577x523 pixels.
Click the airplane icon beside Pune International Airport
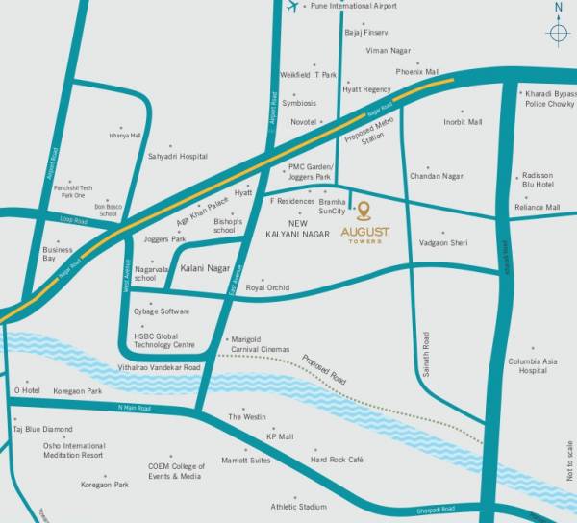[292, 7]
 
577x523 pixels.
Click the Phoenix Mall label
[417, 72]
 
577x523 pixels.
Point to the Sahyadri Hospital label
[177, 156]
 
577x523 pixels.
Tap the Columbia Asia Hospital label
[533, 365]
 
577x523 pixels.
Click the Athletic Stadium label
[298, 506]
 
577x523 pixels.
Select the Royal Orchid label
[267, 287]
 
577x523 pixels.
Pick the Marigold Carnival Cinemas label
[261, 344]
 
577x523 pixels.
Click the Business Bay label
[57, 254]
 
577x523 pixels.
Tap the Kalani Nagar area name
[205, 269]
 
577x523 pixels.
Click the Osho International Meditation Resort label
[72, 450]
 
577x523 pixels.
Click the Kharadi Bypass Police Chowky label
[548, 98]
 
